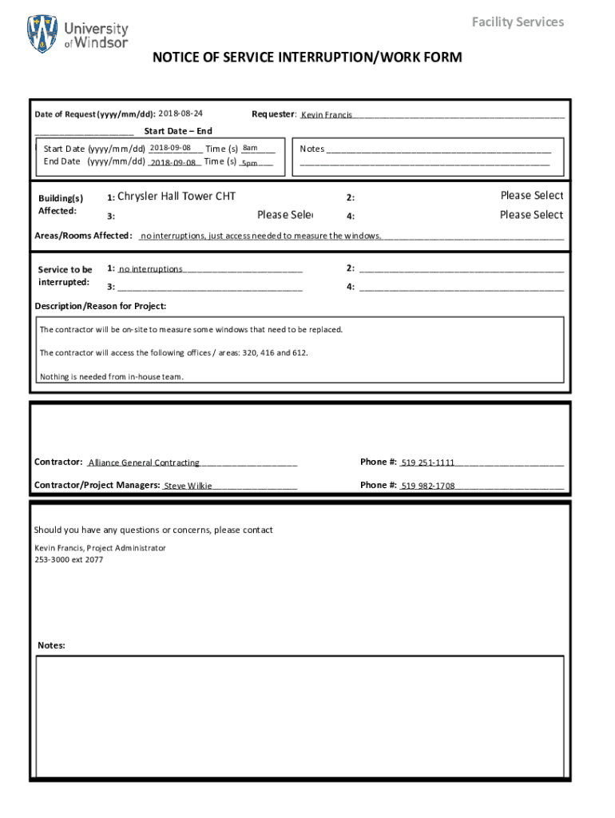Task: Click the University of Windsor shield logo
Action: pyautogui.click(x=42, y=34)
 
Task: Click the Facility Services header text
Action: pyautogui.click(x=518, y=22)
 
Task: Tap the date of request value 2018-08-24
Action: pyautogui.click(x=181, y=113)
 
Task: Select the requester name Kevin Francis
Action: pyautogui.click(x=327, y=116)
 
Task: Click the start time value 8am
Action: pyautogui.click(x=250, y=148)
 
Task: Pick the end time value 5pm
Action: pyautogui.click(x=249, y=163)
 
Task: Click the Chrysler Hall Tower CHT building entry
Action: pyautogui.click(x=177, y=197)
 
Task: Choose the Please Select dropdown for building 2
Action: pyautogui.click(x=531, y=196)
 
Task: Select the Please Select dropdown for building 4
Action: pyautogui.click(x=531, y=215)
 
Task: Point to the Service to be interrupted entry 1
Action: pyautogui.click(x=151, y=269)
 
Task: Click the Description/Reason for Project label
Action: pyautogui.click(x=101, y=306)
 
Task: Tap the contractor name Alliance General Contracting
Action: pyautogui.click(x=144, y=463)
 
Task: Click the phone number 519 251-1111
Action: pyautogui.click(x=428, y=463)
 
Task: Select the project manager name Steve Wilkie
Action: pyautogui.click(x=188, y=486)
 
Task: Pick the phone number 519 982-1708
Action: pyautogui.click(x=428, y=486)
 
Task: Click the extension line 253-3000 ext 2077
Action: pyautogui.click(x=69, y=560)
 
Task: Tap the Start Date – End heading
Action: pyautogui.click(x=178, y=131)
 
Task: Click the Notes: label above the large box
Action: pyautogui.click(x=52, y=645)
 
